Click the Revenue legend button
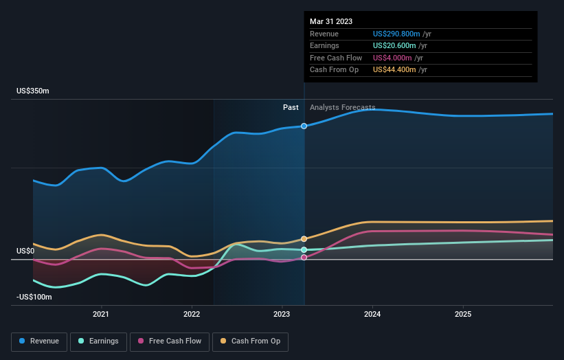(x=39, y=341)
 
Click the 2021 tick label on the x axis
(x=101, y=315)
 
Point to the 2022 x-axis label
(x=192, y=315)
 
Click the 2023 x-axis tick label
(x=282, y=315)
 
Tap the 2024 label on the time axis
(x=372, y=315)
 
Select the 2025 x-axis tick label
(x=463, y=315)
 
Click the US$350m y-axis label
(x=33, y=91)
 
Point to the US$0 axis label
(x=25, y=251)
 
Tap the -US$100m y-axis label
(x=34, y=297)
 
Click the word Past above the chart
(x=291, y=108)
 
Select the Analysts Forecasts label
(x=342, y=108)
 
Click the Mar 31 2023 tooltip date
(x=331, y=21)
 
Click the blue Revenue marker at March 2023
(x=304, y=126)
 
